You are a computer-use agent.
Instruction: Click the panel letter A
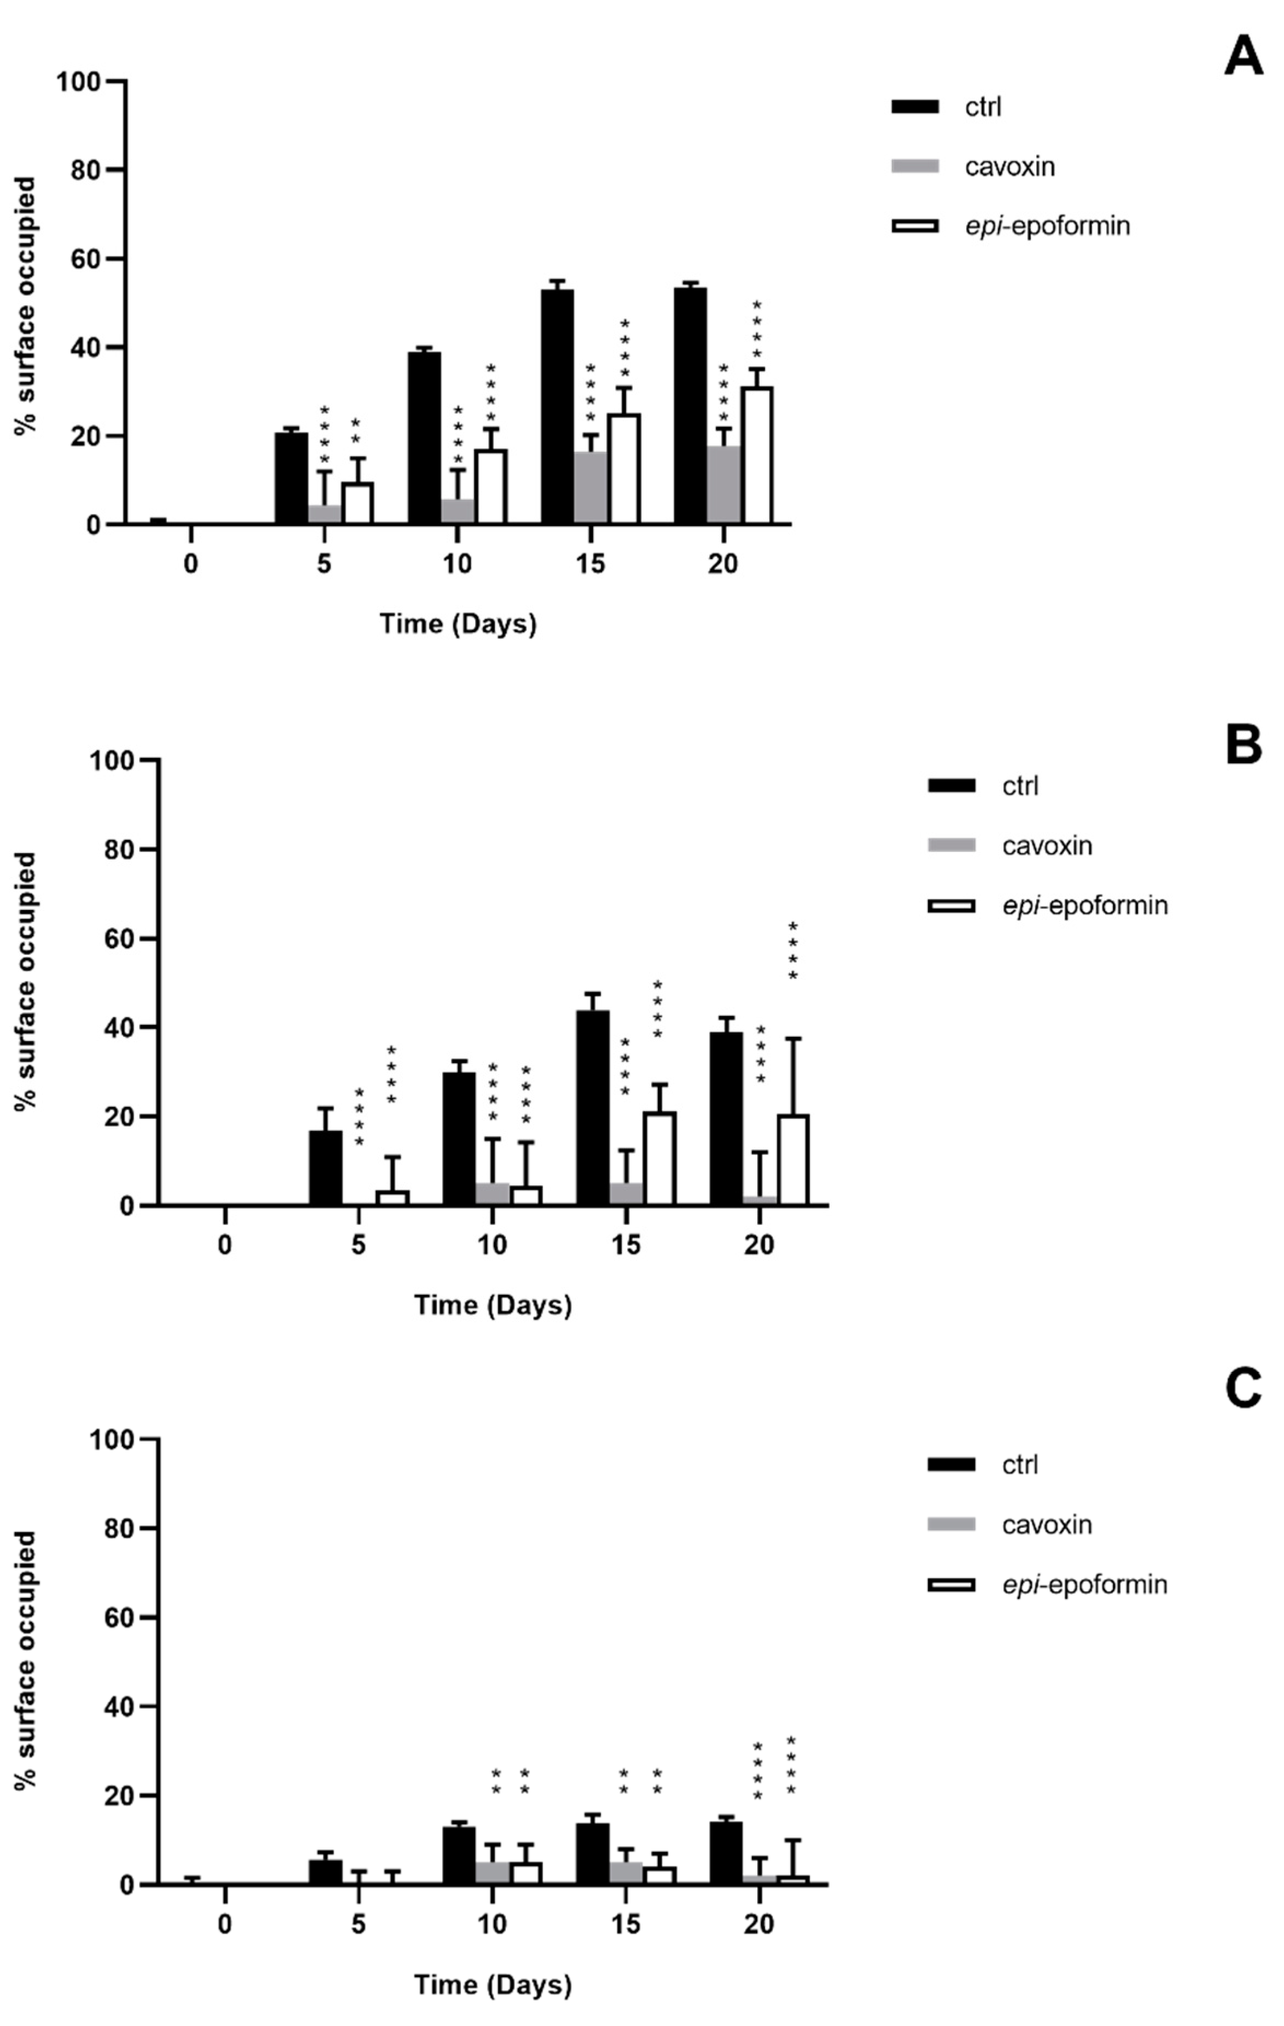point(1243,58)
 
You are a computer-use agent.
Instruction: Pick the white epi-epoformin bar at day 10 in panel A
point(491,487)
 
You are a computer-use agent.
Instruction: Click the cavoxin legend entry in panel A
point(1009,167)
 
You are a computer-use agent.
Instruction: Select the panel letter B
point(1243,745)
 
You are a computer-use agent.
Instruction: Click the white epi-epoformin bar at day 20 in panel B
point(792,1160)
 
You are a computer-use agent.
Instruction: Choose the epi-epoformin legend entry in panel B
point(1084,906)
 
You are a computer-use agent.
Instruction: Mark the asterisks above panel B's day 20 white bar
point(792,951)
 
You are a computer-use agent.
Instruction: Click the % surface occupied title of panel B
point(27,981)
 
